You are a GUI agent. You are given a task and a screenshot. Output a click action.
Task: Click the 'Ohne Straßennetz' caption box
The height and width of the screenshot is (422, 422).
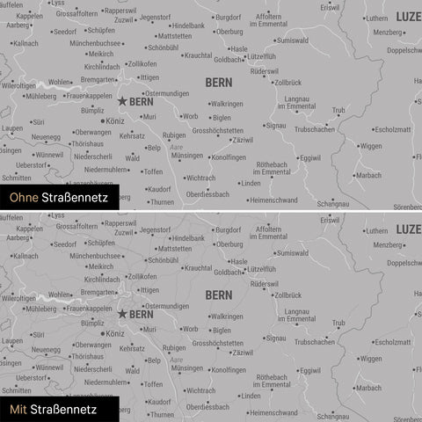(x=55, y=197)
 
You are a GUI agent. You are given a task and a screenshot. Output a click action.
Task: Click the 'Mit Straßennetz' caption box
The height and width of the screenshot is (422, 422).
(x=55, y=409)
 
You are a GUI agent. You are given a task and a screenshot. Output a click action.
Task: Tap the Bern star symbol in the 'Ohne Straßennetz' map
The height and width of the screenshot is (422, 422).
(x=121, y=101)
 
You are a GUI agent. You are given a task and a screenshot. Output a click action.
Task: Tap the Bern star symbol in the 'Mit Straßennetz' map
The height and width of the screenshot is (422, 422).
(x=121, y=313)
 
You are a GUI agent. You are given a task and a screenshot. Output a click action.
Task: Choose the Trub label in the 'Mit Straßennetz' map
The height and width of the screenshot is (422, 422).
(x=338, y=323)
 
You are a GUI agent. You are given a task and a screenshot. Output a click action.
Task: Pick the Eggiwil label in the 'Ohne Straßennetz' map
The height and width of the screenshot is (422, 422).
(x=309, y=158)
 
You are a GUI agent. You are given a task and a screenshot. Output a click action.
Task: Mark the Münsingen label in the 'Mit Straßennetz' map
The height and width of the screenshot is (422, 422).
(x=186, y=367)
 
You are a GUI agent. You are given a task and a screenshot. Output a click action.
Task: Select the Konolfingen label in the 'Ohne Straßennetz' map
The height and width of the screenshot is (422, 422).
(x=229, y=157)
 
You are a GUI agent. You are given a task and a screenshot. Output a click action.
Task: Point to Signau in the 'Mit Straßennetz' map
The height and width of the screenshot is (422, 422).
(x=275, y=338)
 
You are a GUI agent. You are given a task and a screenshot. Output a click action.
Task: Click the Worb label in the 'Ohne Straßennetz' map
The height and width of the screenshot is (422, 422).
(x=190, y=116)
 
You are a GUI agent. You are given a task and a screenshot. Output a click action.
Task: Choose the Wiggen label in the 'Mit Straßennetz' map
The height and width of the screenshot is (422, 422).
(x=370, y=359)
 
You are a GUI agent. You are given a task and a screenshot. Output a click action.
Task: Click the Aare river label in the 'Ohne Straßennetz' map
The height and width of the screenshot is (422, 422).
(x=177, y=146)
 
